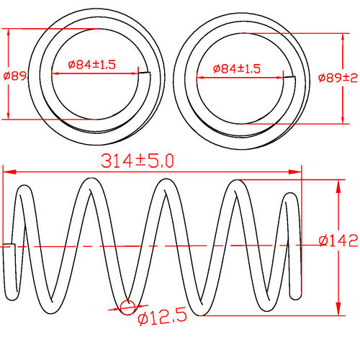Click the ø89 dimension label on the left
tap(14, 75)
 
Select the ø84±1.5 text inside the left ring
tap(92, 65)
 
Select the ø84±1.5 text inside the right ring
tap(237, 68)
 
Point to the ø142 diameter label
tap(337, 240)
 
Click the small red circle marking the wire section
tap(127, 307)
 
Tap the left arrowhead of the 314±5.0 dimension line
tap(8, 171)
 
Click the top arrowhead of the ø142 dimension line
tap(338, 183)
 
